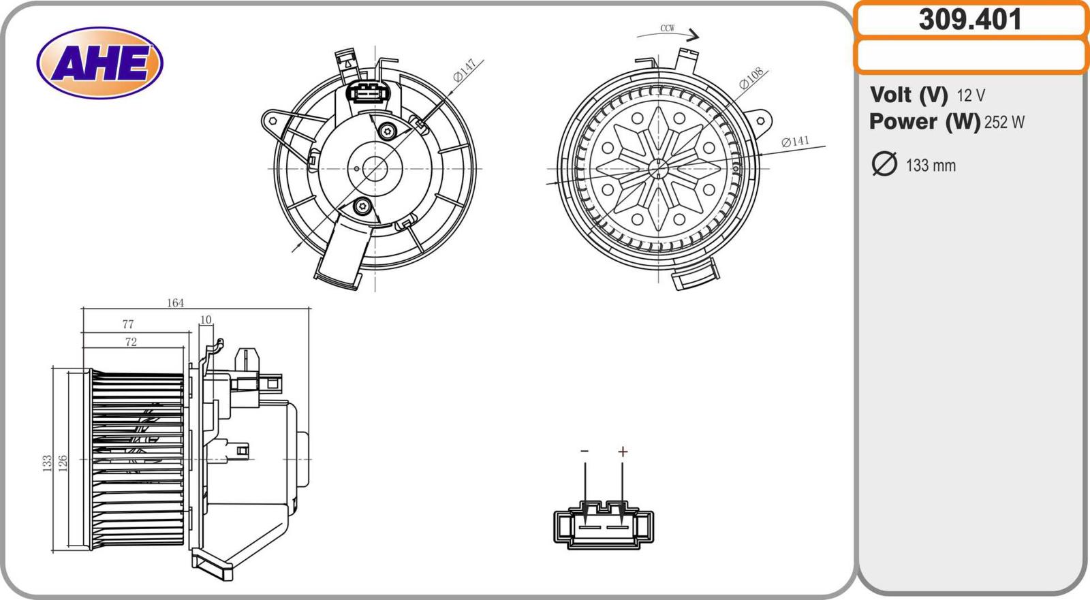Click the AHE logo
(x=99, y=63)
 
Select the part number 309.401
(x=970, y=20)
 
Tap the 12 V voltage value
(x=971, y=95)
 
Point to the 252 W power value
(x=1004, y=123)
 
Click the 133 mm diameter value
(x=931, y=165)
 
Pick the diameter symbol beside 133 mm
(x=884, y=164)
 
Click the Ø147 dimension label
(x=465, y=71)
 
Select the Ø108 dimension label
(x=751, y=78)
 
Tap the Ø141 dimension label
(x=795, y=141)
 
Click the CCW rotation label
(x=668, y=29)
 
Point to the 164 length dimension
(x=175, y=303)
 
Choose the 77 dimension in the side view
(x=128, y=325)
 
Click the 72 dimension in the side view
(x=131, y=342)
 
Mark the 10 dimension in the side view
(x=206, y=319)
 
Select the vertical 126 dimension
(x=63, y=464)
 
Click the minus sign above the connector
(x=585, y=452)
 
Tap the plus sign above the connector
(x=623, y=452)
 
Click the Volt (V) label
(x=909, y=95)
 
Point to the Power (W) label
(x=924, y=122)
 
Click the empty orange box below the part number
(x=970, y=56)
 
